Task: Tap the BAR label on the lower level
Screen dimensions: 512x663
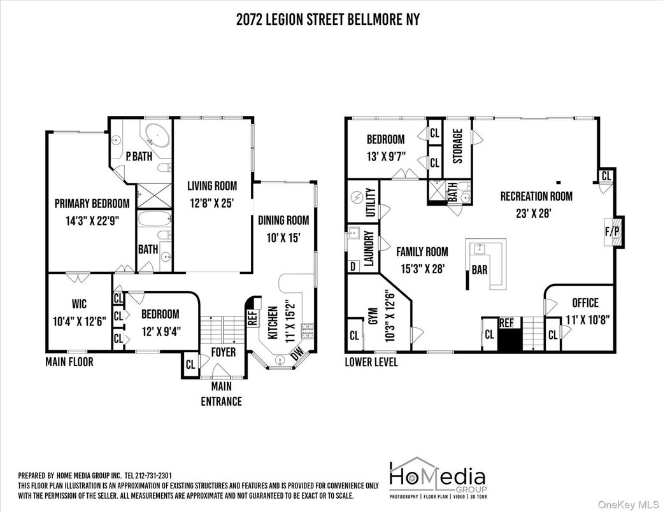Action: tap(479, 270)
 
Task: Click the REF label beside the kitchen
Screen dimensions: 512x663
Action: tap(252, 318)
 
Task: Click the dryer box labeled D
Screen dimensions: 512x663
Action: tap(352, 266)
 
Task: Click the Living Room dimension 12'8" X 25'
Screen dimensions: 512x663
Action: tap(211, 204)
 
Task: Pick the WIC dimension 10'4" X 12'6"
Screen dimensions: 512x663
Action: tap(78, 322)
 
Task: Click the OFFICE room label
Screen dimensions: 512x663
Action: tap(585, 302)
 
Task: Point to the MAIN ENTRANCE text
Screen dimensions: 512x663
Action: tap(221, 394)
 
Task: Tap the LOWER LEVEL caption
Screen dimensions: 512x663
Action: tap(371, 362)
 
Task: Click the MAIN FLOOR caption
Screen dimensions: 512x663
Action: tap(69, 362)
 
